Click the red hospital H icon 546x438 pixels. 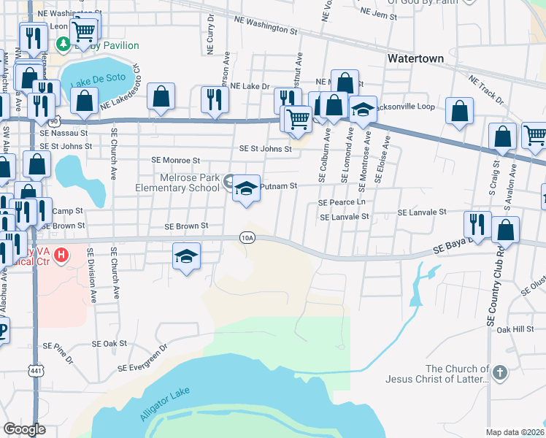coord(62,255)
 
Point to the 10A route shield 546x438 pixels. coord(247,237)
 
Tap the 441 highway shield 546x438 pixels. coord(35,370)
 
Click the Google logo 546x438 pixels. coord(24,429)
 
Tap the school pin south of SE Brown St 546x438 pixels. coord(187,257)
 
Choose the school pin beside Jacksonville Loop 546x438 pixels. coord(363,110)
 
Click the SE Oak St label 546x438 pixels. coord(109,343)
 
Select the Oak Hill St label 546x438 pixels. coord(515,329)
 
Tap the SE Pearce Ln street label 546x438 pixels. coord(341,202)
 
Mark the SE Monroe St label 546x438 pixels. coord(175,160)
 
